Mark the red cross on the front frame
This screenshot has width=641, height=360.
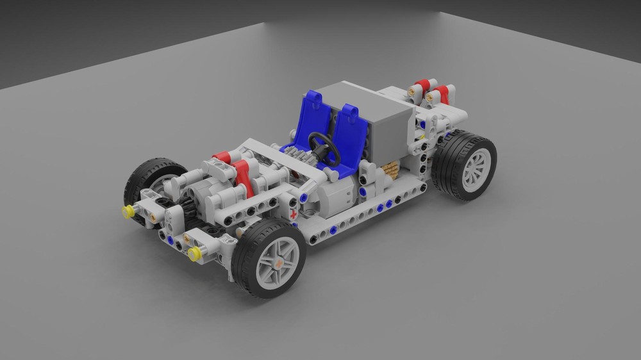pyautogui.click(x=294, y=215)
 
